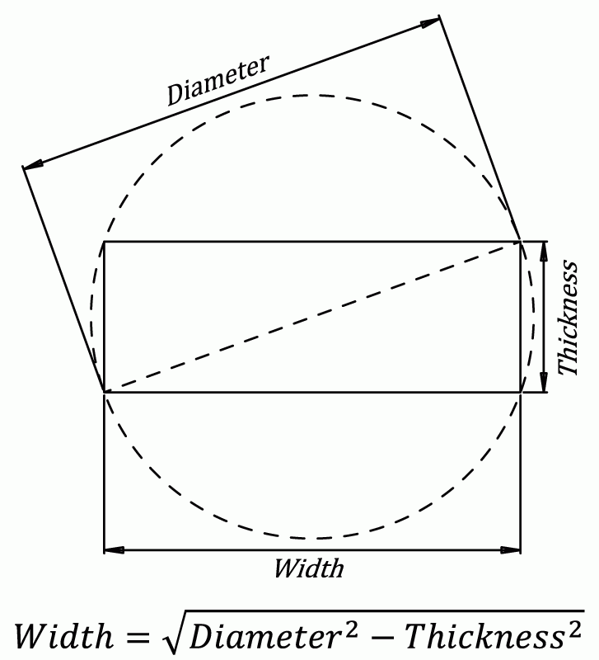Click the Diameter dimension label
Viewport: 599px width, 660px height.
[x=218, y=81]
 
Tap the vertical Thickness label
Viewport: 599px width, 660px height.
[x=569, y=318]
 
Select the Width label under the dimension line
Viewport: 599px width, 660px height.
[x=308, y=568]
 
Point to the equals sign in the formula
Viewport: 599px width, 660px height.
[x=146, y=634]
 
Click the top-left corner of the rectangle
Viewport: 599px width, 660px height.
[x=104, y=242]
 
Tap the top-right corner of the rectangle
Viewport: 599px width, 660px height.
[x=521, y=242]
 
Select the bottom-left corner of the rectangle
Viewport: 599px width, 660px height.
[x=104, y=392]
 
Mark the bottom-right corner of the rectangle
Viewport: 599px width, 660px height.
[x=521, y=392]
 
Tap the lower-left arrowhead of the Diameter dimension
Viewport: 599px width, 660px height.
[x=32, y=166]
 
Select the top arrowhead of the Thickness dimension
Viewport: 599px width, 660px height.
[x=544, y=250]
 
